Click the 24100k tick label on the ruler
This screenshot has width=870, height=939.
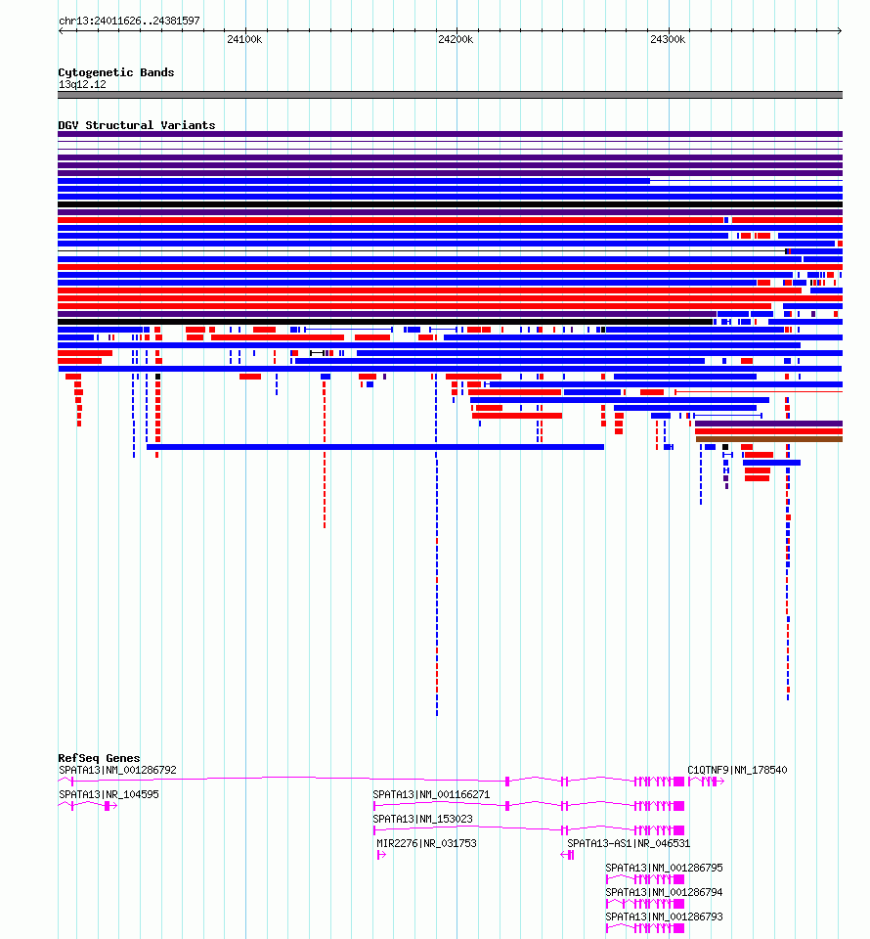point(243,39)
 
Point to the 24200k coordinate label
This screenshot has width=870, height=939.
point(456,39)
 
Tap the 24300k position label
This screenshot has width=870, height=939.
point(668,39)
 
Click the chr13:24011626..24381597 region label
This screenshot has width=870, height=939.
point(129,21)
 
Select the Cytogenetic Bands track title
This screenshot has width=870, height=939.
point(116,72)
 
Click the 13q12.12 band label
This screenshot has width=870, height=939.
point(82,84)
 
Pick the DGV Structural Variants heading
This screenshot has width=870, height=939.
point(137,125)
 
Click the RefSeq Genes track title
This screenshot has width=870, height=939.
point(99,758)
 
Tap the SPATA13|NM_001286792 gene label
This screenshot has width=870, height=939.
point(117,770)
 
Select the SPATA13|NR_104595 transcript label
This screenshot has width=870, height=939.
point(109,794)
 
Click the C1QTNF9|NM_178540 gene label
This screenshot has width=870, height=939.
point(737,770)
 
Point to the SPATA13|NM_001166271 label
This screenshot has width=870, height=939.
point(431,794)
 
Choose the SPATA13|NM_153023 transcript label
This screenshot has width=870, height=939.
point(422,819)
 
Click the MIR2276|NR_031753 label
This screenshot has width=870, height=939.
point(426,843)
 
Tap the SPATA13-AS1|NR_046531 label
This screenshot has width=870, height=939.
point(629,843)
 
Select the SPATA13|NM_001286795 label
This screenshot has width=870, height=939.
point(664,868)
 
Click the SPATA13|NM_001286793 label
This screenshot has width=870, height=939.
point(664,917)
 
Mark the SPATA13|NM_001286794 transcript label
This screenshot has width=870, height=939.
point(664,892)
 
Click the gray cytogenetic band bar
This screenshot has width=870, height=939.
point(450,95)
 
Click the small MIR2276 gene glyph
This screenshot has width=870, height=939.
point(380,855)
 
